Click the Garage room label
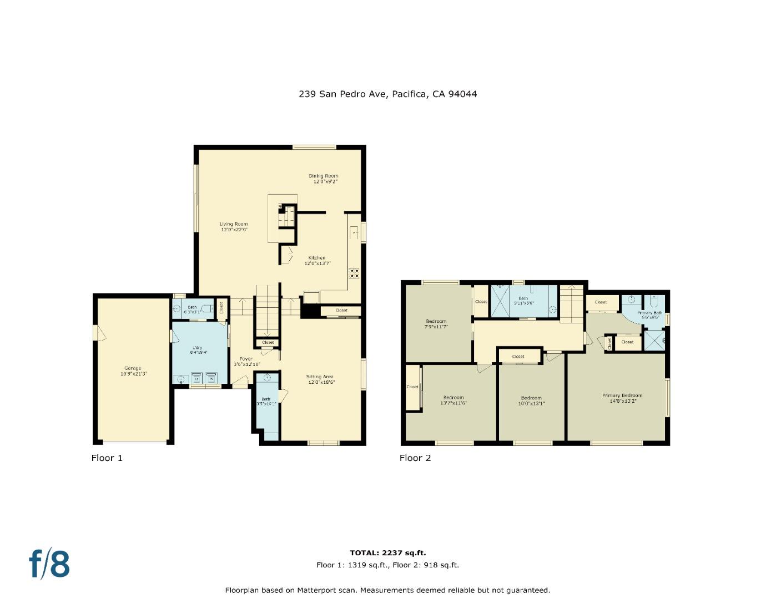click(x=133, y=368)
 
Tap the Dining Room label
click(x=324, y=176)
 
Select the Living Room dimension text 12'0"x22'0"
click(x=234, y=230)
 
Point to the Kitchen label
click(x=317, y=258)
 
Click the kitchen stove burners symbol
click(x=354, y=273)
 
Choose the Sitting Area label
click(x=320, y=377)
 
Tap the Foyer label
click(x=246, y=359)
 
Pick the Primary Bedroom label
click(x=622, y=395)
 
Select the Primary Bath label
click(x=649, y=313)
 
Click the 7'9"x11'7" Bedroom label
click(x=436, y=322)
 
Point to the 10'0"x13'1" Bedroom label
click(x=531, y=398)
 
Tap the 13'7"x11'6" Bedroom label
click(x=453, y=397)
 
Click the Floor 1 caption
click(x=107, y=458)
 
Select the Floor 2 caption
click(x=415, y=458)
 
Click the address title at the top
click(x=387, y=94)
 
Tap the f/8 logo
click(x=49, y=564)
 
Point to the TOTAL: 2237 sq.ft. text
click(x=387, y=553)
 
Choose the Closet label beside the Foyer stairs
click(x=268, y=343)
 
